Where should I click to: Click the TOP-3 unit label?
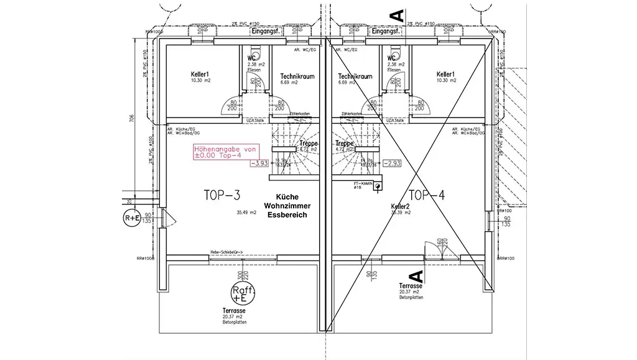coord(221,195)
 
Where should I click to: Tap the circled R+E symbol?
coord(132,218)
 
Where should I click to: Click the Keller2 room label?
coord(400,206)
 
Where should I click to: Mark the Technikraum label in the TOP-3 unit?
coord(297,76)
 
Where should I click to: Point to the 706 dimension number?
coord(131,120)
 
